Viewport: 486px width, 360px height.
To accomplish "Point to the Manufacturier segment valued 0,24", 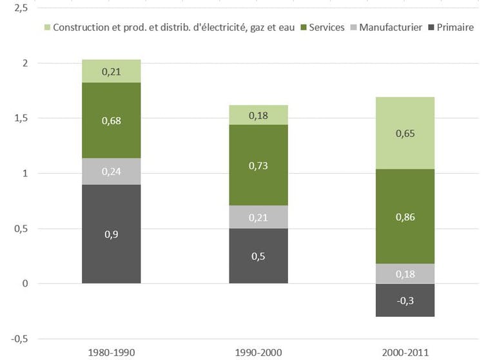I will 111,171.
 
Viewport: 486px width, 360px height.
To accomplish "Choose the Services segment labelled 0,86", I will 406,216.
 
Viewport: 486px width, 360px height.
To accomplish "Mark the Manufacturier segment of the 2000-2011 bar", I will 406,273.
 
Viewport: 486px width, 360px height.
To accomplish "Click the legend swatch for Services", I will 303,28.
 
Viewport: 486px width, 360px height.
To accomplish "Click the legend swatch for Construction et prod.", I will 46,28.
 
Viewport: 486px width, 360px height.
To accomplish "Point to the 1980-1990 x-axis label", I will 111,352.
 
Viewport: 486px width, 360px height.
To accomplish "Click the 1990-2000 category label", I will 259,352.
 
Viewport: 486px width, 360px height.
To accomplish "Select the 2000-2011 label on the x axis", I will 406,352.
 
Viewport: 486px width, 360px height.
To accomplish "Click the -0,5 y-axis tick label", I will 18,339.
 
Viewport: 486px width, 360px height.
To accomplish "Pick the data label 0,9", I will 111,234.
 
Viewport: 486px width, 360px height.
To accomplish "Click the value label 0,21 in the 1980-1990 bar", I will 111,71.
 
